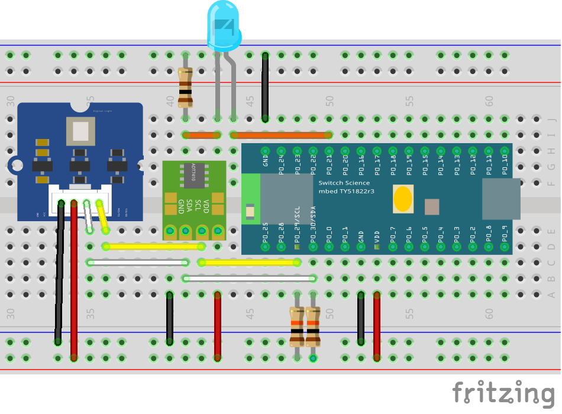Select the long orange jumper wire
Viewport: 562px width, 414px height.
[x=282, y=135]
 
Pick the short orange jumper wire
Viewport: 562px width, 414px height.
[x=202, y=135]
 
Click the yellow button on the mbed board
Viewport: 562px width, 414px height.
[x=402, y=199]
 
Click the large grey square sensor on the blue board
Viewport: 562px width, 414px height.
[x=80, y=131]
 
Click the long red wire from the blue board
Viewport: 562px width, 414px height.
[x=74, y=278]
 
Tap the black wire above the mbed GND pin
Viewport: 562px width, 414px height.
[x=265, y=86]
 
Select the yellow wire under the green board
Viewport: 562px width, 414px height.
[x=154, y=246]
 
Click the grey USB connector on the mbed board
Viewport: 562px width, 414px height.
[x=501, y=195]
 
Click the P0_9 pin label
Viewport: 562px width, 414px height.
[x=505, y=234]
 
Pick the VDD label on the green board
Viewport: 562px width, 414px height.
[x=206, y=207]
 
